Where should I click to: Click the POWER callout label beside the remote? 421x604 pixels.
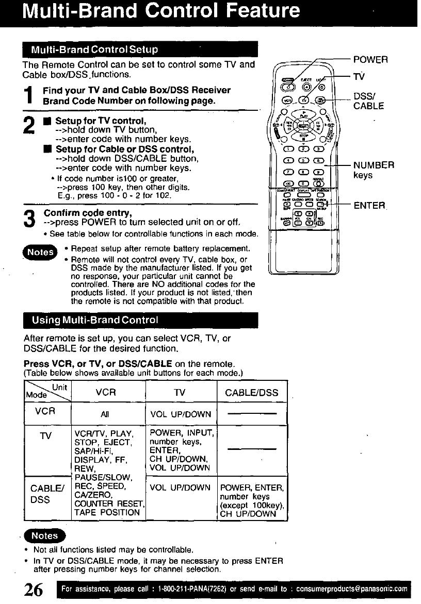370,60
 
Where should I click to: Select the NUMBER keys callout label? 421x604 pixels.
374,170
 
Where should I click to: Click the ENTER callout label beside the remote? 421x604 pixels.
369,206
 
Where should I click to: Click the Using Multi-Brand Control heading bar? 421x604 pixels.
140,320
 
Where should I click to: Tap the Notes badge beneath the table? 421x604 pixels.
45,536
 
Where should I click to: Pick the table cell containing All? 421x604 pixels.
105,414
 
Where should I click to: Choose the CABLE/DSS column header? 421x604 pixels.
252,393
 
